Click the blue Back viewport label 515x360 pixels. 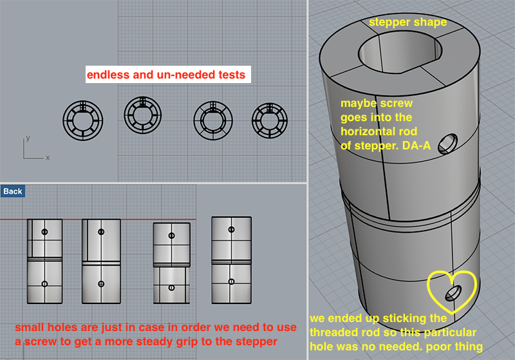point(13,191)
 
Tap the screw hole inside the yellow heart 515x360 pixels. point(453,293)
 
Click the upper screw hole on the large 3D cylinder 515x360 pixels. point(447,144)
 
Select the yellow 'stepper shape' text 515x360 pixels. point(407,23)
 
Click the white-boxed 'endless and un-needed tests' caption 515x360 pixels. point(168,75)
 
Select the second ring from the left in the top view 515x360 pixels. point(142,115)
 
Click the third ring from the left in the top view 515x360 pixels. point(213,120)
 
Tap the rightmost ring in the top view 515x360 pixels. point(269,120)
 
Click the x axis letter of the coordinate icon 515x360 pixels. point(48,158)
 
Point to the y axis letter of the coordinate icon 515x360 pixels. point(28,138)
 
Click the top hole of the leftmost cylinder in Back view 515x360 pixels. point(44,232)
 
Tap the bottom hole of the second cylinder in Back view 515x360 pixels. point(101,284)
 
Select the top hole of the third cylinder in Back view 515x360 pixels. point(171,236)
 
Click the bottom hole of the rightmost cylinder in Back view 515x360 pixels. point(231,281)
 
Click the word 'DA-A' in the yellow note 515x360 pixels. point(416,146)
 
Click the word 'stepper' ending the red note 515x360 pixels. point(256,342)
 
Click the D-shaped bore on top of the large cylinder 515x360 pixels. point(400,53)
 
